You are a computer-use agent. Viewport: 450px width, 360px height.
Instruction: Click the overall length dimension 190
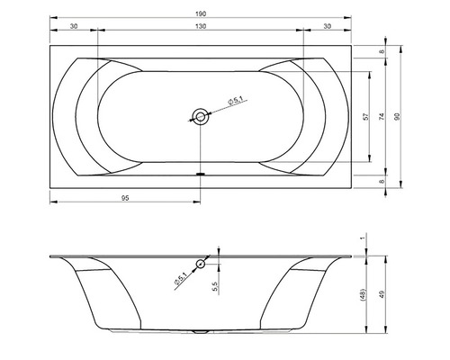pyautogui.click(x=202, y=13)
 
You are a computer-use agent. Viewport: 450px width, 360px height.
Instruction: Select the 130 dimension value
pyautogui.click(x=201, y=26)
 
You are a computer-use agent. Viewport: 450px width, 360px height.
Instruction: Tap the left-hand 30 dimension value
pyautogui.click(x=74, y=26)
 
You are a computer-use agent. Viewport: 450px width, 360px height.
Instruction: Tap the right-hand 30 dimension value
pyautogui.click(x=328, y=26)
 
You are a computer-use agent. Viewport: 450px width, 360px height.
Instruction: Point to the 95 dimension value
pyautogui.click(x=125, y=198)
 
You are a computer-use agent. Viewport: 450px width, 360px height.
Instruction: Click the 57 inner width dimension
pyautogui.click(x=365, y=117)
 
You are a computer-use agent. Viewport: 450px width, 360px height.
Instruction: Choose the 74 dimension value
pyautogui.click(x=382, y=117)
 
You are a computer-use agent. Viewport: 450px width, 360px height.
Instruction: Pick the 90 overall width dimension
pyautogui.click(x=397, y=117)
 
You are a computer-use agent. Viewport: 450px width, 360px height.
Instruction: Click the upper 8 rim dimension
pyautogui.click(x=382, y=51)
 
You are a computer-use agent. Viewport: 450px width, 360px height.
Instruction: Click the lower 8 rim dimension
pyautogui.click(x=382, y=182)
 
